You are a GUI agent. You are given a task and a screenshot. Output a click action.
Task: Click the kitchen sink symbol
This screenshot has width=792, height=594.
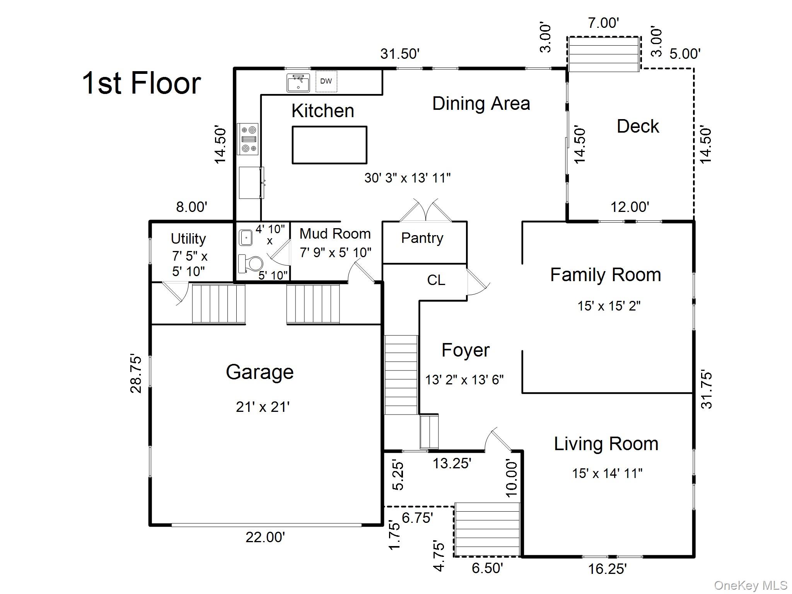tap(298, 82)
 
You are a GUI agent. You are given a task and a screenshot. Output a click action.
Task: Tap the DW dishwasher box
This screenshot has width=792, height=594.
tap(326, 81)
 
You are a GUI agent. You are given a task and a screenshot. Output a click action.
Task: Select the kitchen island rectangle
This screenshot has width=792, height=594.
tap(329, 145)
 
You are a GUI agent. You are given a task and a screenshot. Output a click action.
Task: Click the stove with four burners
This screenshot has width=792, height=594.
tap(248, 139)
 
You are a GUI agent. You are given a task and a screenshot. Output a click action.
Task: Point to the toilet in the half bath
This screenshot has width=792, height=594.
tap(251, 264)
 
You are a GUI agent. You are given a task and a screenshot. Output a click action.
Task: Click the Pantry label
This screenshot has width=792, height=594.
tap(422, 238)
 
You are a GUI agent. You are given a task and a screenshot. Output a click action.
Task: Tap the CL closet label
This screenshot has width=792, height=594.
tap(436, 280)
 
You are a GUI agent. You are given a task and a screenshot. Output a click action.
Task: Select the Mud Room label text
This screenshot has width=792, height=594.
tap(335, 234)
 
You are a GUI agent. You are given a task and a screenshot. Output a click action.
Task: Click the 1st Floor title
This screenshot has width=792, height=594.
tap(142, 83)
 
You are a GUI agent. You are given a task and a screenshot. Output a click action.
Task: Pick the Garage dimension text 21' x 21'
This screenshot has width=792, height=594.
tap(263, 407)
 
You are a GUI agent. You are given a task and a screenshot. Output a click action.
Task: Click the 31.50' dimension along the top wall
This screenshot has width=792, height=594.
tap(399, 54)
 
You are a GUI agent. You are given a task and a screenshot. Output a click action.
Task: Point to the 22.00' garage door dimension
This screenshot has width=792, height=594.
tap(265, 537)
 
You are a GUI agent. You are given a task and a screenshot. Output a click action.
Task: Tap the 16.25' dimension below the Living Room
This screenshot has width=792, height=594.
tap(607, 569)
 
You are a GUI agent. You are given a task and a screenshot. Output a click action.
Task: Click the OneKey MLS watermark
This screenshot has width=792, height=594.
tap(750, 585)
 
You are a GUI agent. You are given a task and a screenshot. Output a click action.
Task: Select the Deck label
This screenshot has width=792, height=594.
tap(637, 126)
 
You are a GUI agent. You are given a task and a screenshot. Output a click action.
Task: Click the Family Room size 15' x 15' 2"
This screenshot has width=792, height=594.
tap(609, 306)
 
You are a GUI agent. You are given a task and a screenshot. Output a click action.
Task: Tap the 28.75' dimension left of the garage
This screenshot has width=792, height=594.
tap(136, 373)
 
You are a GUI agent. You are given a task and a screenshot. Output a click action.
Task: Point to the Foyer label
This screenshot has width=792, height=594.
tap(465, 350)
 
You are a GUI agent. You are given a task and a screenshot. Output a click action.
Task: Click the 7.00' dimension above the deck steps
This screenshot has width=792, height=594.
tap(603, 23)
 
